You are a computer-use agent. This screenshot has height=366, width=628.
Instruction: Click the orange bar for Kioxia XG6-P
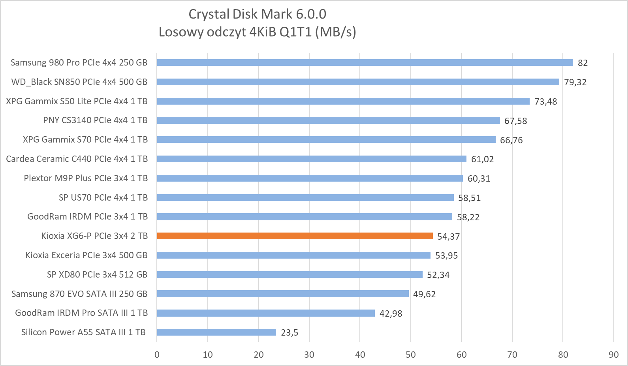(295, 236)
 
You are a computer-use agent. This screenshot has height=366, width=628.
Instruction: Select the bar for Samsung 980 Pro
(365, 63)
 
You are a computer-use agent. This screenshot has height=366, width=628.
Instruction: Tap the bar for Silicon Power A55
(216, 332)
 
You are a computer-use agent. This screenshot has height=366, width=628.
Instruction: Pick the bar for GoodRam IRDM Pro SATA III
(266, 313)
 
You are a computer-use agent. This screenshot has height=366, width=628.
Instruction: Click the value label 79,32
(575, 82)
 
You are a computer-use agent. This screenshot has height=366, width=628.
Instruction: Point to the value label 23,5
(290, 333)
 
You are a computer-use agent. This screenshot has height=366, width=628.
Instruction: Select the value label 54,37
(448, 236)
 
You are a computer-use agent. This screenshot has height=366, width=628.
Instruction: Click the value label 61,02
(482, 159)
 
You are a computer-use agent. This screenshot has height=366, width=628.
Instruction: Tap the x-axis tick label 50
(411, 355)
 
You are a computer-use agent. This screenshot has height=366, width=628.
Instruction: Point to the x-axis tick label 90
(613, 355)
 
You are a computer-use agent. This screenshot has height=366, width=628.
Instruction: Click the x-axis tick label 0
(157, 355)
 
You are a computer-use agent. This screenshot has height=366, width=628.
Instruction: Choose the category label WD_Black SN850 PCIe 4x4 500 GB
(79, 82)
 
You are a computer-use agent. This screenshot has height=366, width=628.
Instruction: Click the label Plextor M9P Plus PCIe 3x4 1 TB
(86, 178)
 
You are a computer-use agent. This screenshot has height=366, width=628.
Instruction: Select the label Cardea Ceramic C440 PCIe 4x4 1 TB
(77, 159)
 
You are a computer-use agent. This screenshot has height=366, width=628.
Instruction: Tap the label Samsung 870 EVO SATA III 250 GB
(79, 294)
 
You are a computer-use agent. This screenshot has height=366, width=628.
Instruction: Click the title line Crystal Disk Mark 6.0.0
(257, 14)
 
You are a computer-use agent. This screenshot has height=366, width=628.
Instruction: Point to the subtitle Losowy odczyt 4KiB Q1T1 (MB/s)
(257, 32)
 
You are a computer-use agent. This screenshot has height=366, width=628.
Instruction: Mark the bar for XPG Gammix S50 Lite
(343, 101)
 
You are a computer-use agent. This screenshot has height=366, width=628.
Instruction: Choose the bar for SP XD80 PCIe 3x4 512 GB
(290, 275)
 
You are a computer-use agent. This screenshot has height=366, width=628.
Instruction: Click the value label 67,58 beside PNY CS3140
(515, 121)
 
